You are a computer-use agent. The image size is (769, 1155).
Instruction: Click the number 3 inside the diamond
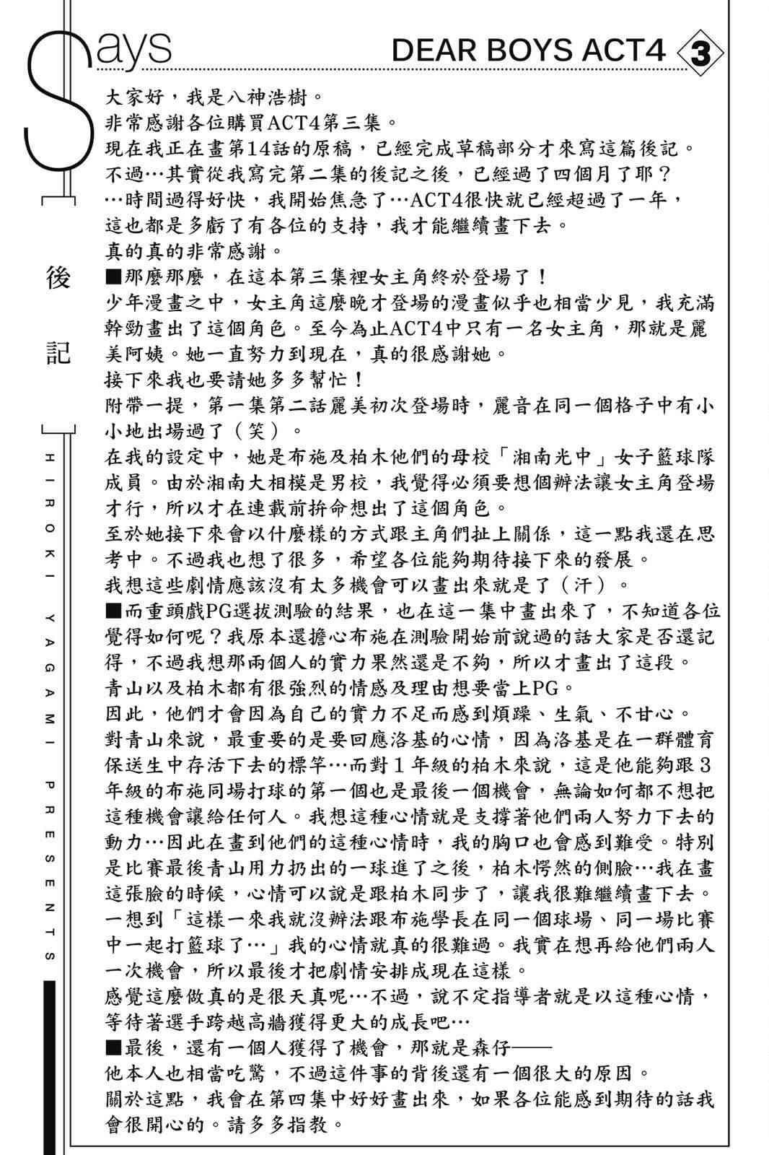(x=700, y=53)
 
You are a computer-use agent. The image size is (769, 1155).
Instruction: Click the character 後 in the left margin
(x=58, y=278)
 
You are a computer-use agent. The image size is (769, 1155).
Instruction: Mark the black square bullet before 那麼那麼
(x=113, y=278)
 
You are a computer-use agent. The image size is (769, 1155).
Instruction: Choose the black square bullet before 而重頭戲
(x=113, y=611)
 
